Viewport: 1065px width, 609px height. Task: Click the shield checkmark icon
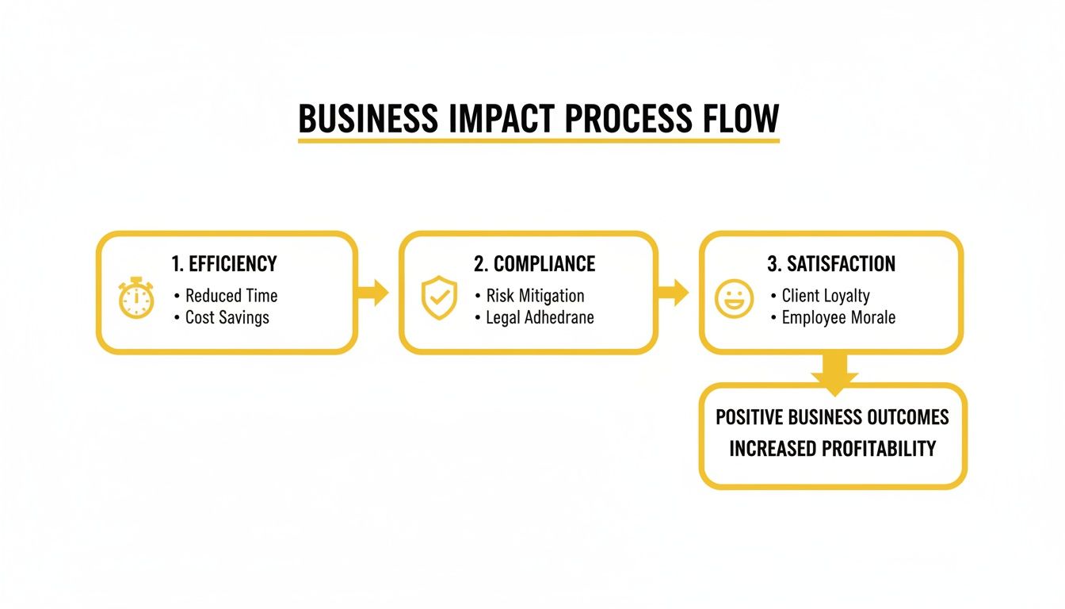pos(438,298)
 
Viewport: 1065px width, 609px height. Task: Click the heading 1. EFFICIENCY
pos(224,264)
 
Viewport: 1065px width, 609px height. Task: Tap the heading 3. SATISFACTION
pos(831,264)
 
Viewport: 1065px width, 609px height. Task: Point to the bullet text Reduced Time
pos(231,296)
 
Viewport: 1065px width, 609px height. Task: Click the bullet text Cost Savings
pos(227,317)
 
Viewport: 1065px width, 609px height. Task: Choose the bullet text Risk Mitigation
pos(535,296)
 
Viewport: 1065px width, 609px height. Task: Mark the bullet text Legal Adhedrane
pos(540,317)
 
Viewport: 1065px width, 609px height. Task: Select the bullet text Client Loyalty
pos(826,296)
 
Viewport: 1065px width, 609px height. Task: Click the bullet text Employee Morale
pos(838,317)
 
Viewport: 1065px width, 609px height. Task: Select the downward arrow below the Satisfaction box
pos(834,372)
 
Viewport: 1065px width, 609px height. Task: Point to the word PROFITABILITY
pos(879,448)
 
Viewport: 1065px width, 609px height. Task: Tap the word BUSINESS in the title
pos(367,120)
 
